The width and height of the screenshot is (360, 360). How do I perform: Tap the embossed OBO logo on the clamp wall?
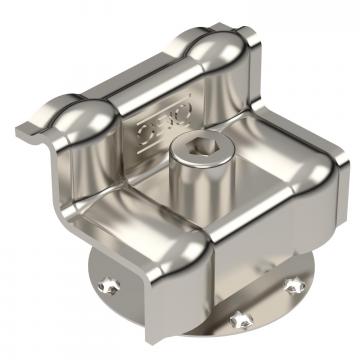pos(150,127)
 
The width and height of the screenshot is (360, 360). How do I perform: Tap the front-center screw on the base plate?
pos(237,321)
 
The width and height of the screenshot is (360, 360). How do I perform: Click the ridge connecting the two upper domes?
pos(145,78)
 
